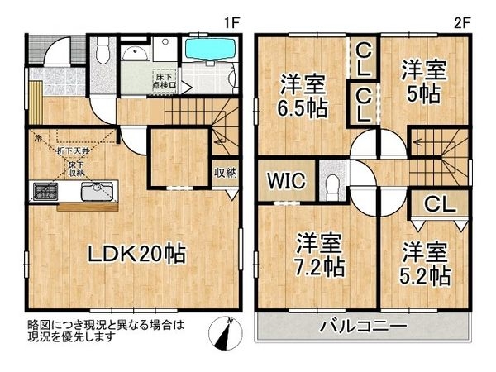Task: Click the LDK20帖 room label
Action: [137, 254]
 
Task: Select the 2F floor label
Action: [462, 24]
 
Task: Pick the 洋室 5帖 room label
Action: [423, 80]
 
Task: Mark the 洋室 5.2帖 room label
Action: [426, 263]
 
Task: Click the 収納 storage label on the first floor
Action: [225, 173]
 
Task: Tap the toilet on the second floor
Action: [332, 184]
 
